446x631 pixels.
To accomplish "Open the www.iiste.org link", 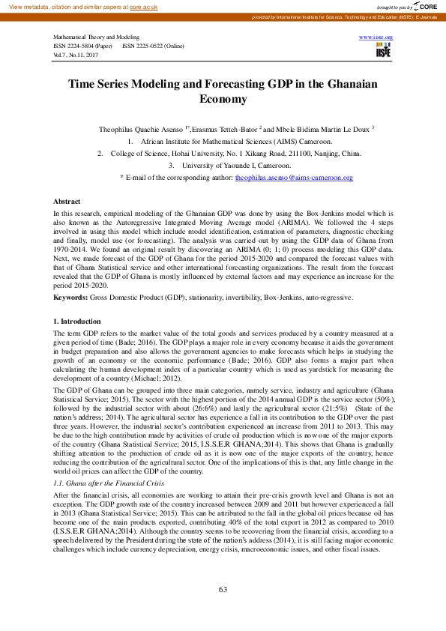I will [376, 36].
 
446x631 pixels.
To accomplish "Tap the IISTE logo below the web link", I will [384, 49].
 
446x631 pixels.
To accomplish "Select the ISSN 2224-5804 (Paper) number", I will [82, 46].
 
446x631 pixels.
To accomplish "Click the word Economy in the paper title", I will [223, 99].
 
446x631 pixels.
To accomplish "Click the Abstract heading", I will [67, 202].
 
